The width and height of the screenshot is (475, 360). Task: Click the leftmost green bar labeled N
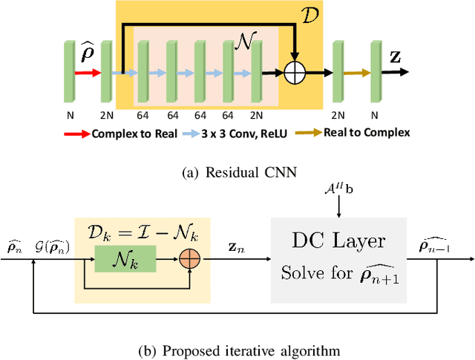[71, 73]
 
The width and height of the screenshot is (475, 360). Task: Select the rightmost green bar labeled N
[375, 73]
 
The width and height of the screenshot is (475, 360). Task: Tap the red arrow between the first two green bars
[87, 73]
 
